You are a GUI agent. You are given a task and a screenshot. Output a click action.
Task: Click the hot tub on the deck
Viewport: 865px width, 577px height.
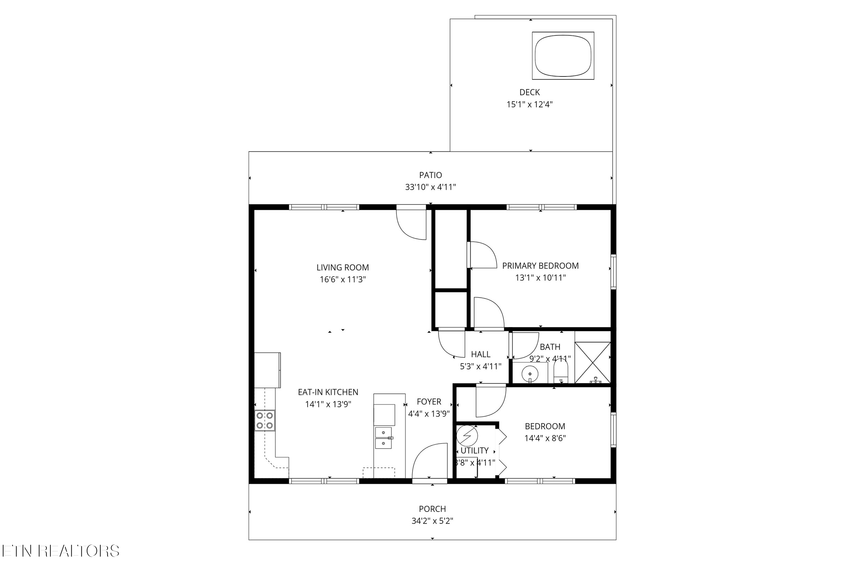(x=563, y=56)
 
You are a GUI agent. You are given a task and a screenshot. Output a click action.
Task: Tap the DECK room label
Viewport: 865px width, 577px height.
(x=530, y=92)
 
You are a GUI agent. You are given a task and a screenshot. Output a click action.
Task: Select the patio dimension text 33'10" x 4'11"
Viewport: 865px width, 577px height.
(x=430, y=187)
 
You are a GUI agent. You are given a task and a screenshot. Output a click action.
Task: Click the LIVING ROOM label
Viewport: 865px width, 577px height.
(x=343, y=268)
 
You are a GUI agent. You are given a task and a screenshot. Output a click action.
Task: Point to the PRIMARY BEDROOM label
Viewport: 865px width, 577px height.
(x=540, y=266)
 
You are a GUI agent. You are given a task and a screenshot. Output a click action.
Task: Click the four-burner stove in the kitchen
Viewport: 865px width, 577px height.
(x=265, y=420)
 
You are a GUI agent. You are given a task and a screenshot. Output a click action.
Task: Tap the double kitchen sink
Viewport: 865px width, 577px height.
(x=384, y=438)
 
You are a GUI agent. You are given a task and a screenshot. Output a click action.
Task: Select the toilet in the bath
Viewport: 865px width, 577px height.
(x=561, y=371)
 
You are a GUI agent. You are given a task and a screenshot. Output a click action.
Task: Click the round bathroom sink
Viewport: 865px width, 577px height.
(x=530, y=374)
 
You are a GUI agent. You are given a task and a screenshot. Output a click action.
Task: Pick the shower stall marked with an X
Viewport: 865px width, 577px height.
(x=592, y=362)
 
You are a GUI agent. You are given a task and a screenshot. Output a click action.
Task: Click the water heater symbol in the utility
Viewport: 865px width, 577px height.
(x=467, y=436)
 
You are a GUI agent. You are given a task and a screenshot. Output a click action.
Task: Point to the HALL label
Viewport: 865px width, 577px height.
(x=481, y=354)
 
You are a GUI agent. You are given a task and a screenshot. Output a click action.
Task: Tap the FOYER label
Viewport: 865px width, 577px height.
(x=429, y=402)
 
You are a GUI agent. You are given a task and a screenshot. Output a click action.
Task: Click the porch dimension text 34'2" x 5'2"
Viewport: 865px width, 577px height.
(x=432, y=521)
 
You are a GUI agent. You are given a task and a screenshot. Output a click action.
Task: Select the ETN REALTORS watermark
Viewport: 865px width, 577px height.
(x=61, y=551)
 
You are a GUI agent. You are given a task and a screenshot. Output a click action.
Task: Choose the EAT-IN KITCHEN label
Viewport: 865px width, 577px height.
(x=328, y=392)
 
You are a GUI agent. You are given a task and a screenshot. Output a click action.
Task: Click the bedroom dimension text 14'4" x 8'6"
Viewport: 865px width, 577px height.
(x=545, y=438)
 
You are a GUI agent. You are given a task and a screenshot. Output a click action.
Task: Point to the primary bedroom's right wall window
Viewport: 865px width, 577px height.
(x=613, y=272)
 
